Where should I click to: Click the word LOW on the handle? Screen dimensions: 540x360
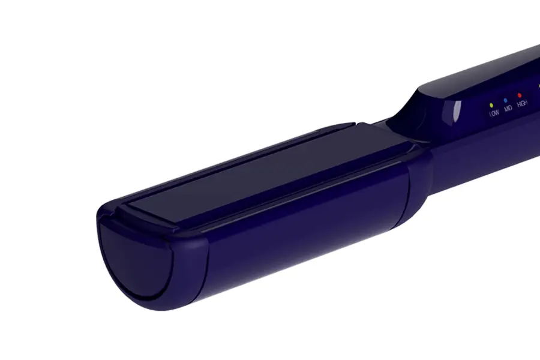[x=494, y=113]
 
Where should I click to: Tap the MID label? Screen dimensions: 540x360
[x=508, y=108]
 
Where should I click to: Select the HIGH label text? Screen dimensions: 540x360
[x=522, y=103]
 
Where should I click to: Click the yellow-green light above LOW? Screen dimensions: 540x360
[x=491, y=105]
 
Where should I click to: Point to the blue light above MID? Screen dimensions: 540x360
[x=505, y=100]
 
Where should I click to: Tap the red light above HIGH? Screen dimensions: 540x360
[x=520, y=95]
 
